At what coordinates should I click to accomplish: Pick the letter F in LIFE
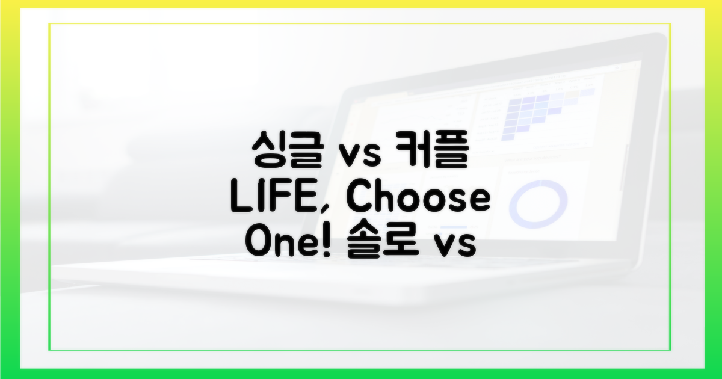285,200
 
